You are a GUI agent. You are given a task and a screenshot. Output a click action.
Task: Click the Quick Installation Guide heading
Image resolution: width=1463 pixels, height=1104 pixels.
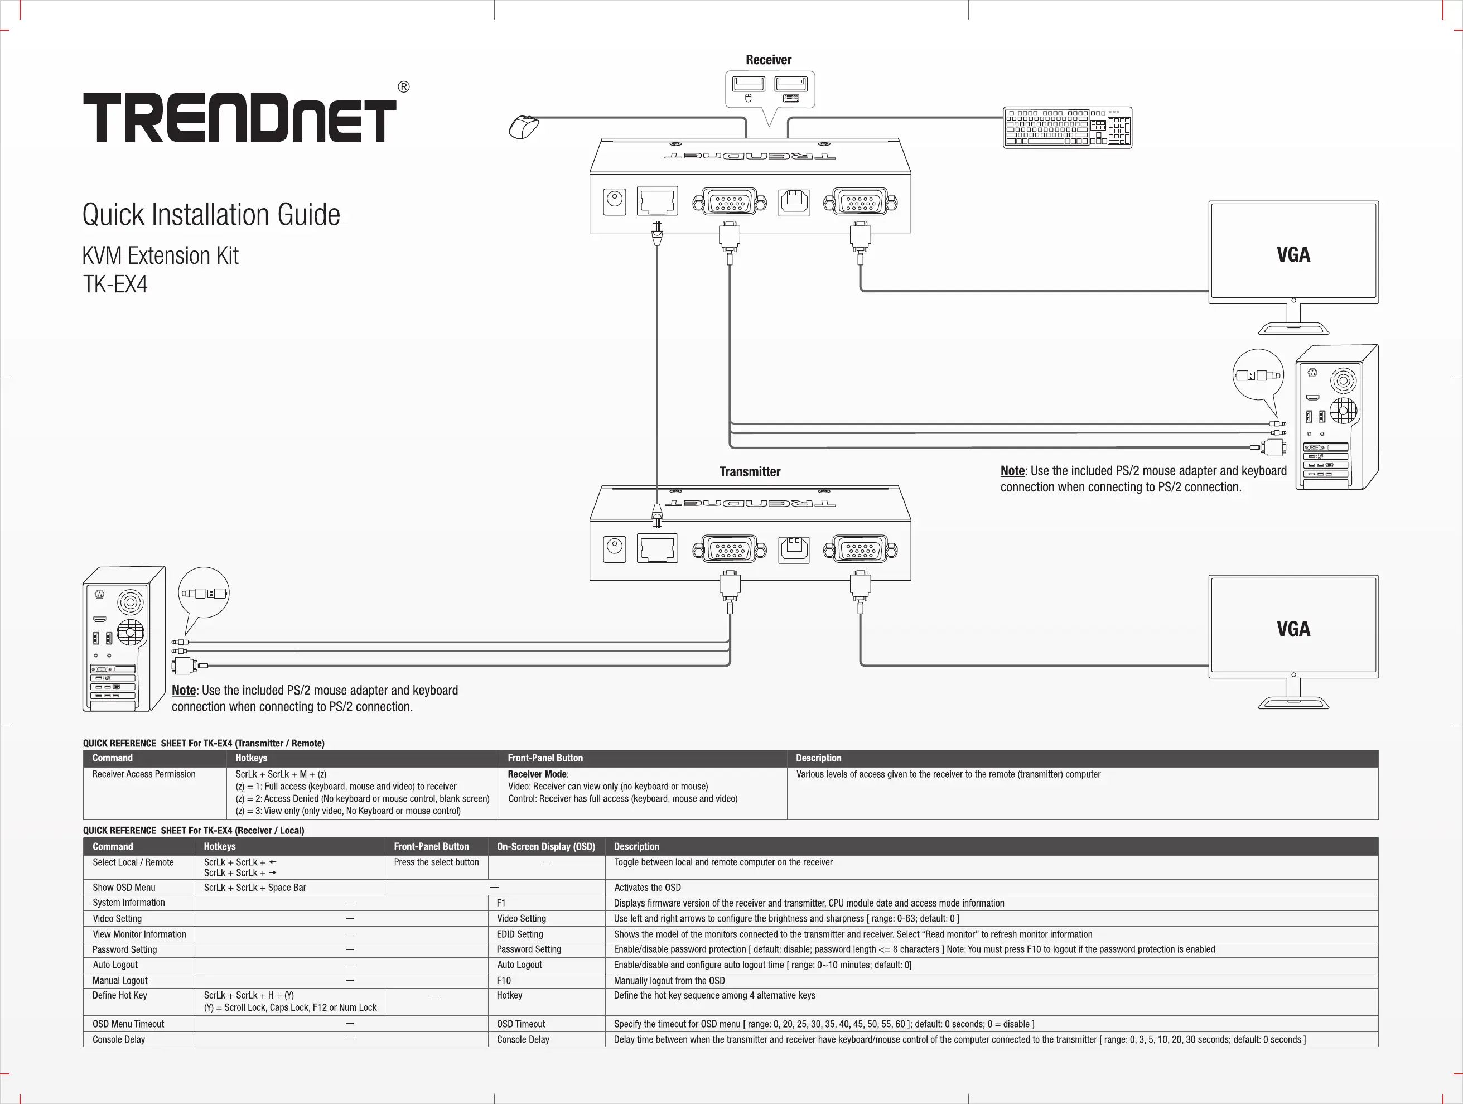tap(211, 215)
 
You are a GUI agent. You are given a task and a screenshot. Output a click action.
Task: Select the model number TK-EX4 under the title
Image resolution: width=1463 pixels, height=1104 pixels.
tap(115, 285)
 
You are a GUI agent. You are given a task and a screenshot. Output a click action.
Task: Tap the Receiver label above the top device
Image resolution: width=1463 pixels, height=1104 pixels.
tap(768, 60)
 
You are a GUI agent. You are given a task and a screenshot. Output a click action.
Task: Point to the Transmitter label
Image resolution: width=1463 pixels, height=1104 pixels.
tap(750, 471)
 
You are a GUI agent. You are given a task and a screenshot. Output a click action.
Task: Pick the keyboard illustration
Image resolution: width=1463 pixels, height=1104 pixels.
tap(1067, 127)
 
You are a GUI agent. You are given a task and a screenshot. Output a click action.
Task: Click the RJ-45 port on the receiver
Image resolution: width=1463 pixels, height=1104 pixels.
tap(657, 201)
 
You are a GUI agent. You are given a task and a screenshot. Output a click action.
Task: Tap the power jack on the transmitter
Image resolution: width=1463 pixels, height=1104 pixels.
tap(615, 549)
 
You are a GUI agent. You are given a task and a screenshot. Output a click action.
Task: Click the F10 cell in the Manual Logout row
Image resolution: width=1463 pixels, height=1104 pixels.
tap(504, 980)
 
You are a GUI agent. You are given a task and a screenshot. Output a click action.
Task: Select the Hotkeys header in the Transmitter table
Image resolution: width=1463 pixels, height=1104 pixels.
tap(252, 758)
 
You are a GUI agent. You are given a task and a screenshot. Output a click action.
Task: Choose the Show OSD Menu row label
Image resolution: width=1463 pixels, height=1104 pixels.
tap(124, 888)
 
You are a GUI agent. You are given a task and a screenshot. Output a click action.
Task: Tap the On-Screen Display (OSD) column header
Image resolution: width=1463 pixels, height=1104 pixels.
tap(545, 847)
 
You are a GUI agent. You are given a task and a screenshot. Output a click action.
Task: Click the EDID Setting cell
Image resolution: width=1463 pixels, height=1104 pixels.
tap(520, 934)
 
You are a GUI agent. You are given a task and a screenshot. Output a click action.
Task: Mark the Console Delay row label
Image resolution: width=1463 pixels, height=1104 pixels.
tap(119, 1039)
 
